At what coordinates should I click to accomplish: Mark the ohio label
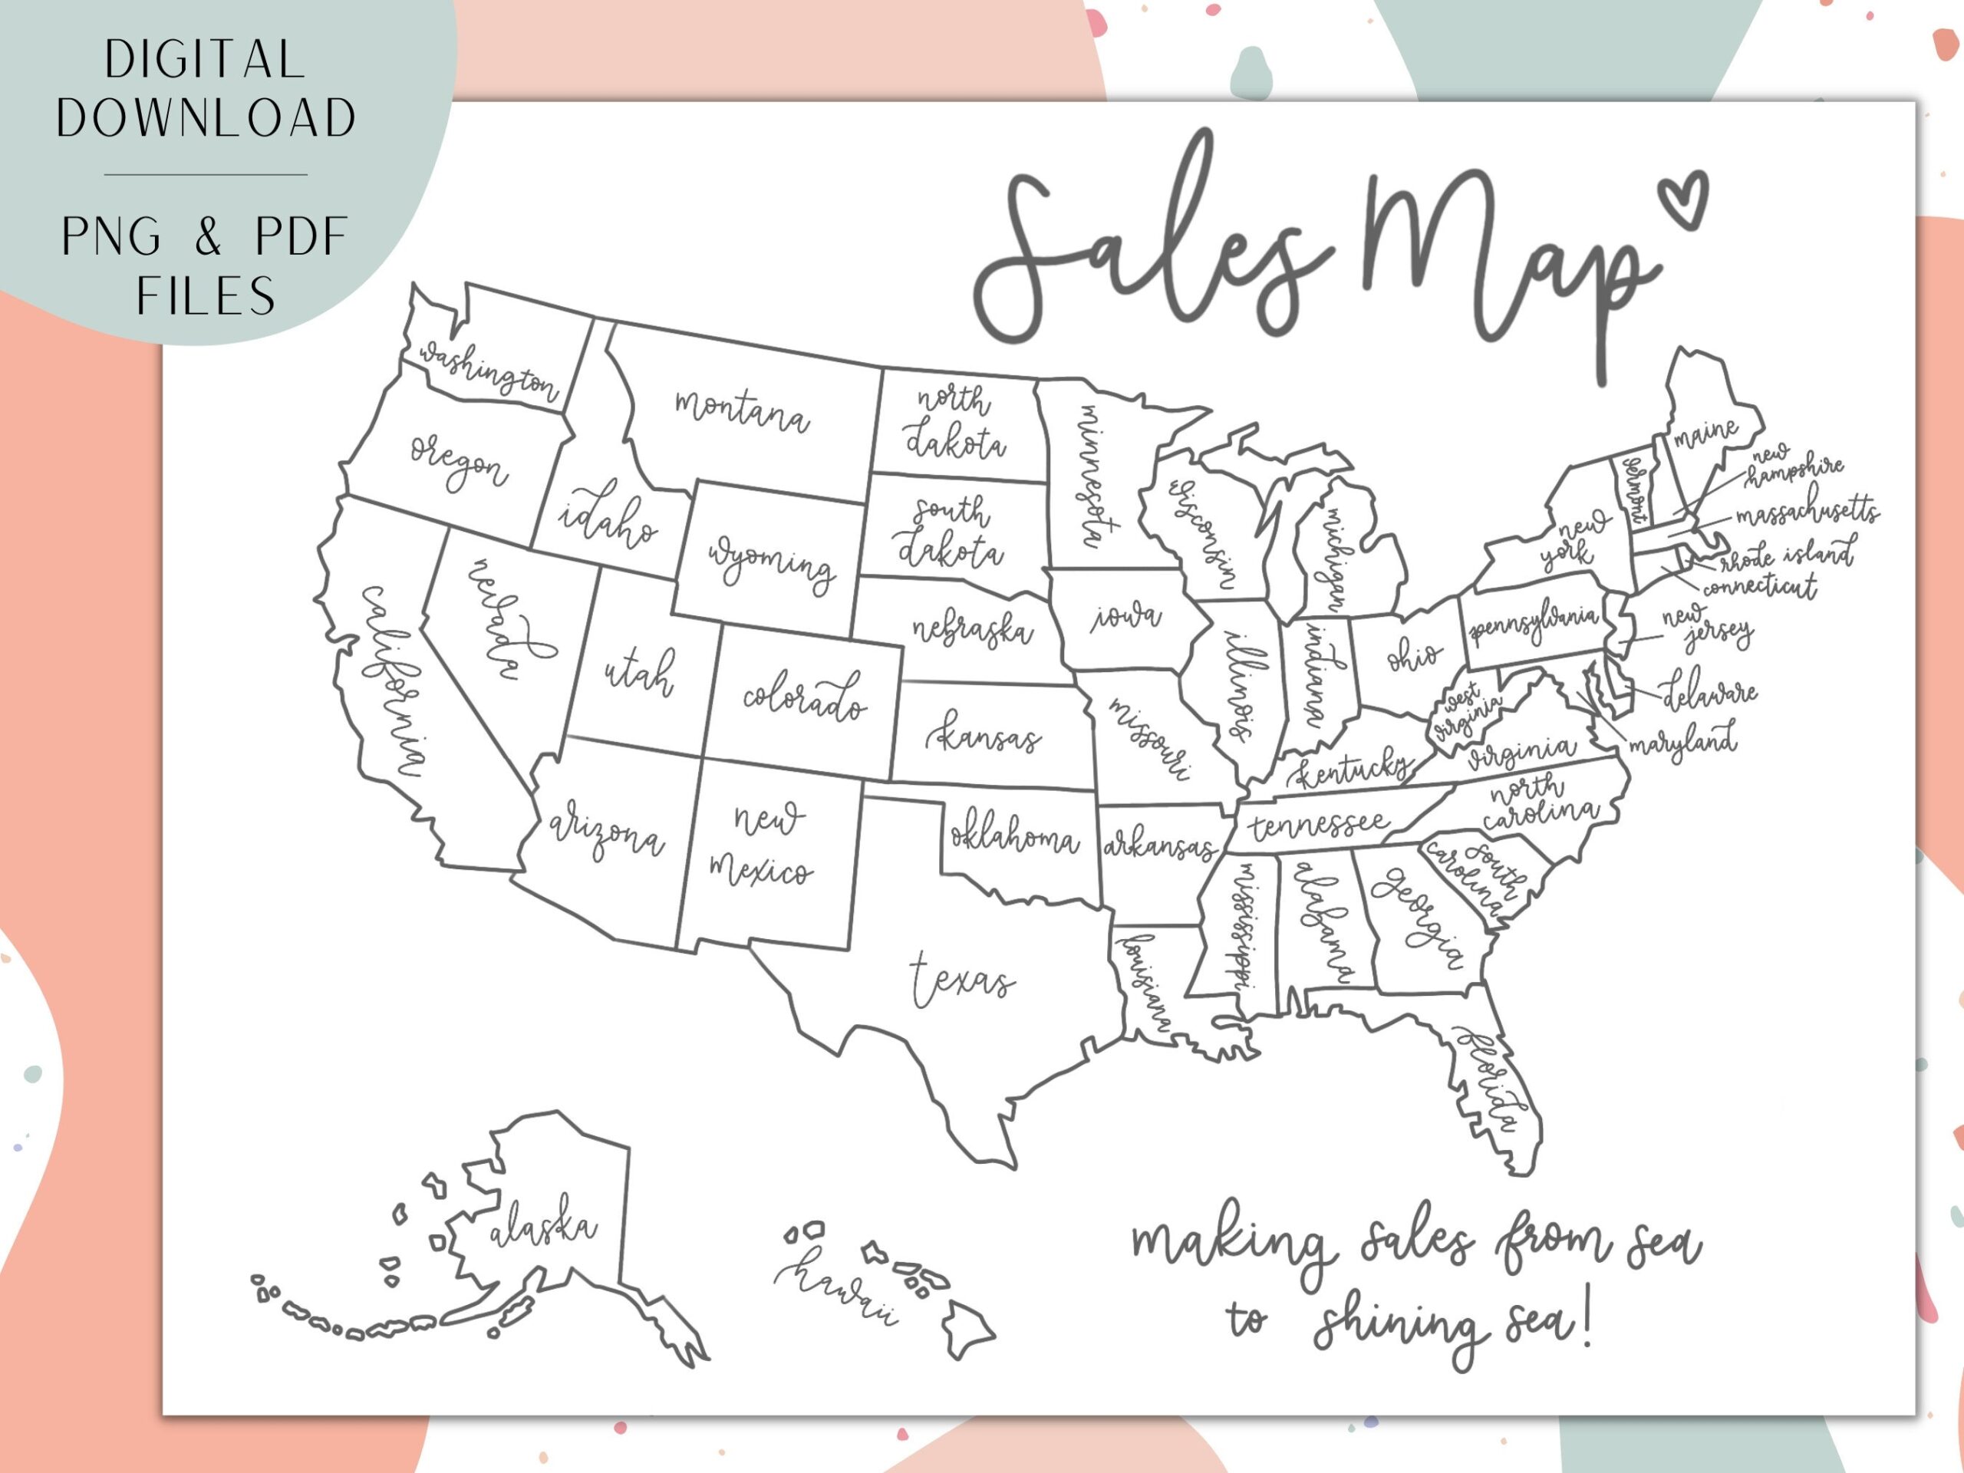point(1413,657)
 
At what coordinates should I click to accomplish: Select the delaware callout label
point(1709,692)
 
